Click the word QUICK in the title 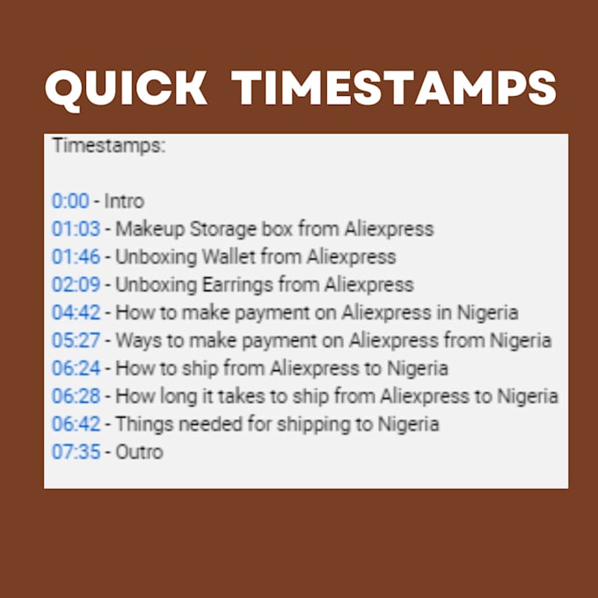(x=126, y=90)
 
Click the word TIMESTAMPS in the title (x=397, y=90)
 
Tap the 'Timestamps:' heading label (x=108, y=146)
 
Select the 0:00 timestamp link (x=70, y=201)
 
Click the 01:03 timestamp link (x=77, y=230)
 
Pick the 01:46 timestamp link (x=77, y=257)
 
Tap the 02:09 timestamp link (x=77, y=285)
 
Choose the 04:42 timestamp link (x=77, y=313)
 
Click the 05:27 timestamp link (x=77, y=340)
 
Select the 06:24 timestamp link (x=77, y=368)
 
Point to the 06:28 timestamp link (x=77, y=397)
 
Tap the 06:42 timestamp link (x=77, y=425)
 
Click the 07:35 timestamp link (x=77, y=453)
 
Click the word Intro (x=124, y=201)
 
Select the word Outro (x=140, y=453)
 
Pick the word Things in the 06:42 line (x=142, y=425)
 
